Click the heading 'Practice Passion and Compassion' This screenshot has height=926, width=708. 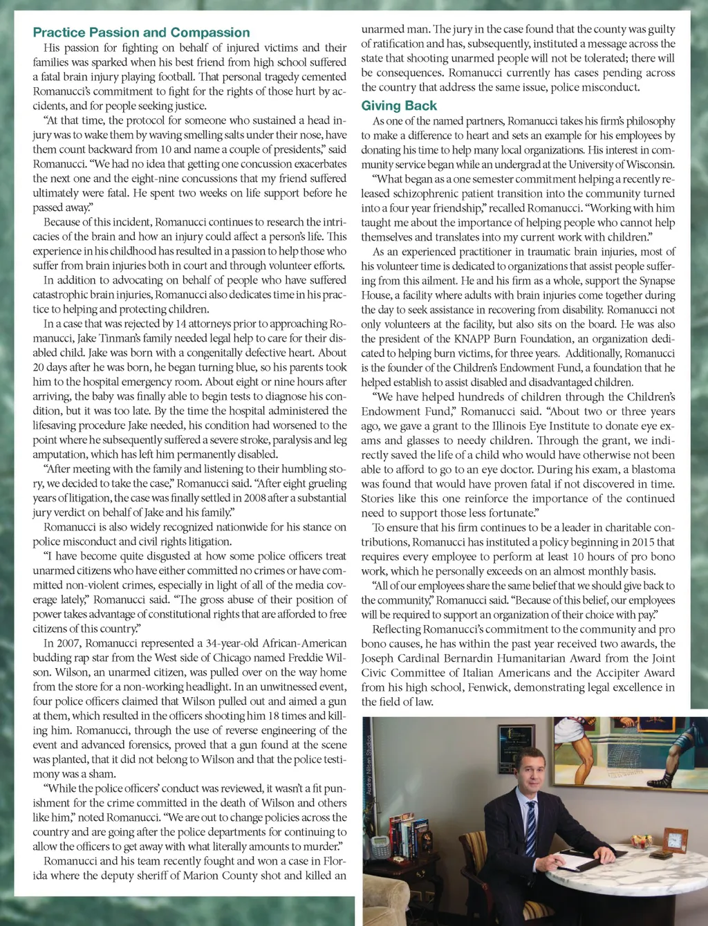click(x=141, y=33)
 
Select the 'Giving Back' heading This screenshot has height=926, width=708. click(x=399, y=106)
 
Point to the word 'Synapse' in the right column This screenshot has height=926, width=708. click(x=657, y=281)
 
